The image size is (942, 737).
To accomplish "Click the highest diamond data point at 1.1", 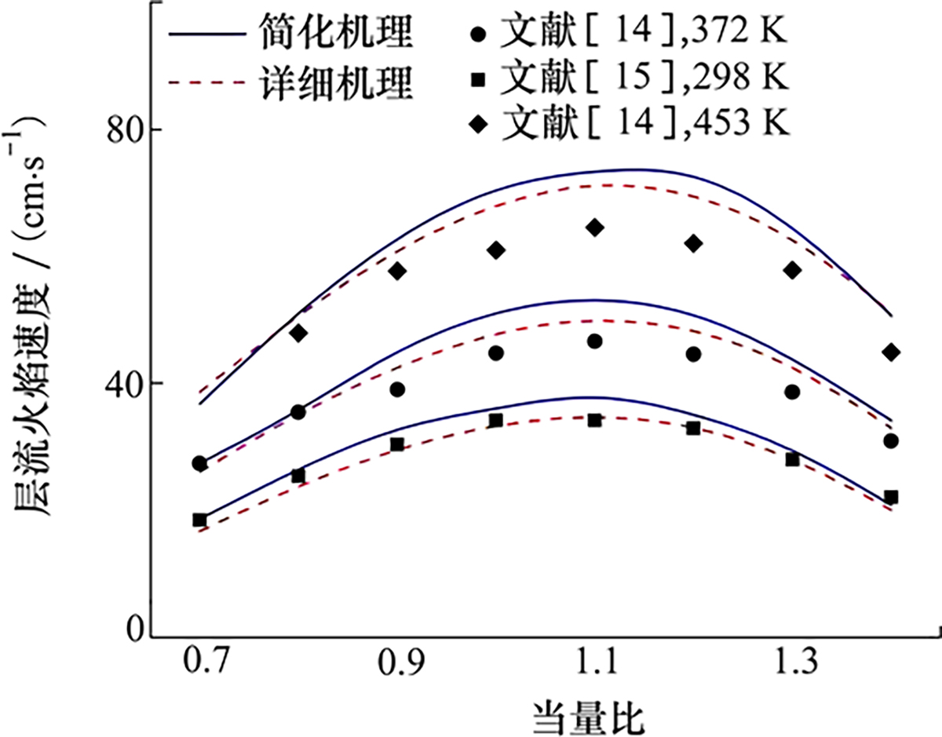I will coord(594,228).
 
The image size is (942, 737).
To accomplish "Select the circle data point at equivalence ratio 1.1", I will coord(594,341).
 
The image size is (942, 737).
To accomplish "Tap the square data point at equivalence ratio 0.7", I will coord(199,520).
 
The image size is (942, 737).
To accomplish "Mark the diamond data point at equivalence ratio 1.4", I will coord(890,352).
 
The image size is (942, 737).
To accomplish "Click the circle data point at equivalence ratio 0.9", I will coord(397,389).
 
